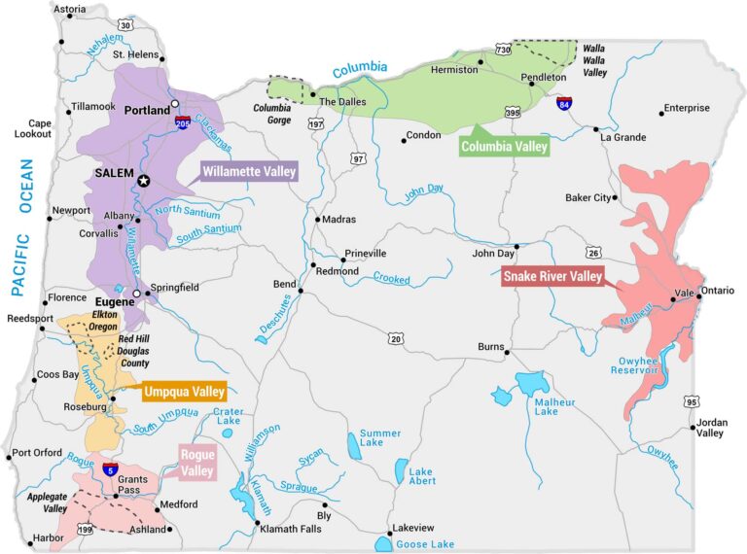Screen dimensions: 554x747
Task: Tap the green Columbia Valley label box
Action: (x=504, y=147)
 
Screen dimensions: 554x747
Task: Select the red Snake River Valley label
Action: (x=551, y=276)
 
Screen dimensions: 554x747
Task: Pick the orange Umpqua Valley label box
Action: (x=184, y=393)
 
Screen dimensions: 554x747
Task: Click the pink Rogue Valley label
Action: (x=197, y=462)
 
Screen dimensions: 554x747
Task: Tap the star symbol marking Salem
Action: (x=144, y=181)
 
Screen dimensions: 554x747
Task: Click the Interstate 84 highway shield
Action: (x=564, y=102)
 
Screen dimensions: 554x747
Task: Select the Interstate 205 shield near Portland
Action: (x=184, y=122)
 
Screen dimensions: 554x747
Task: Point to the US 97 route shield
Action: (x=358, y=158)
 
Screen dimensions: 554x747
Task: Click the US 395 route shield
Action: (x=513, y=114)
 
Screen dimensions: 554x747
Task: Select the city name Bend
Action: (x=284, y=284)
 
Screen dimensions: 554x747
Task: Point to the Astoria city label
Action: (x=68, y=10)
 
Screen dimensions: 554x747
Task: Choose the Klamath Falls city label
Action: (x=290, y=530)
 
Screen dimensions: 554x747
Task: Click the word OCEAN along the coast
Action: (x=27, y=189)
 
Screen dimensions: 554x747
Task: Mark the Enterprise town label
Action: (x=687, y=108)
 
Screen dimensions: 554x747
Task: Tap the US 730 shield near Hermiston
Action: (x=503, y=49)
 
